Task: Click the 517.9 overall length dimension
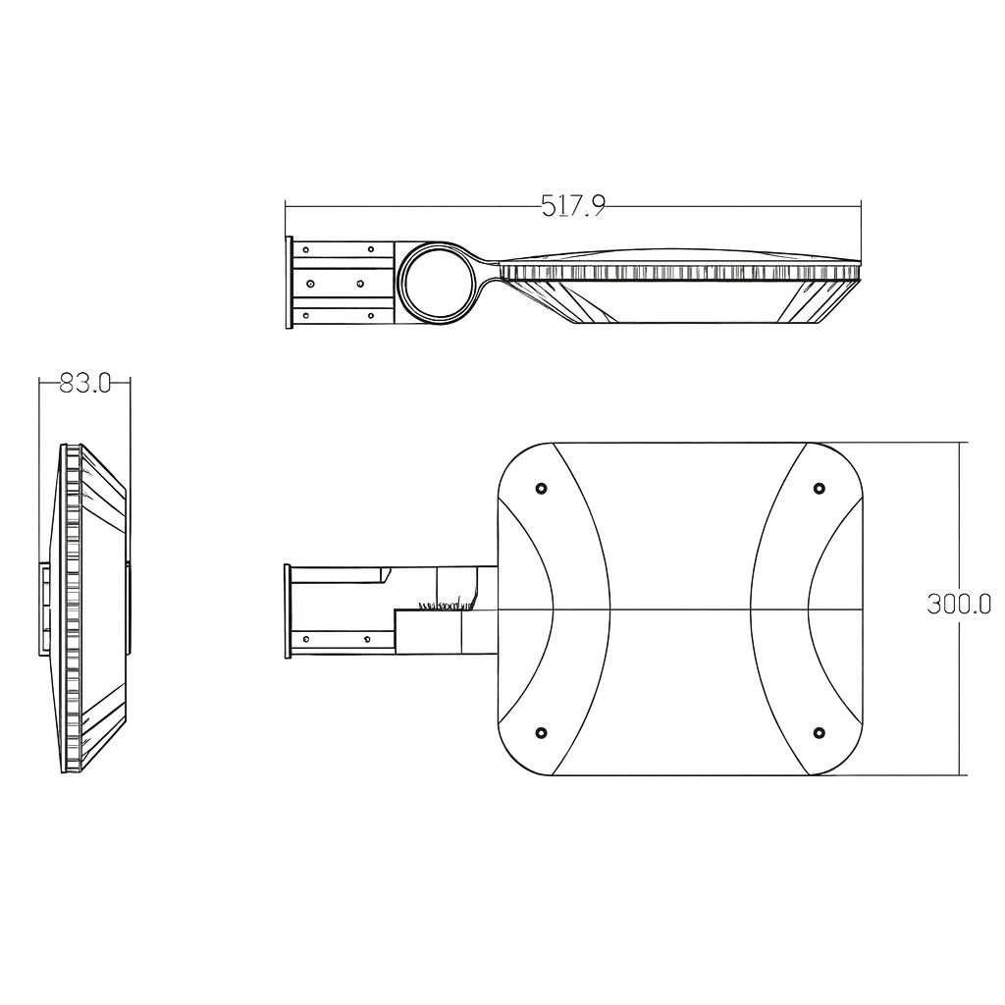click(573, 205)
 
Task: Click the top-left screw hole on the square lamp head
click(541, 488)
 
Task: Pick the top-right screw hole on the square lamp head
click(820, 488)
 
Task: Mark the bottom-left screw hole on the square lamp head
click(541, 732)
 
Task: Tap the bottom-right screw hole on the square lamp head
click(820, 732)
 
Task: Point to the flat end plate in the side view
click(289, 282)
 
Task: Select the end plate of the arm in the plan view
click(288, 610)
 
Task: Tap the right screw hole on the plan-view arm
click(366, 639)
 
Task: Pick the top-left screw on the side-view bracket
click(307, 249)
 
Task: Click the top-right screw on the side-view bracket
click(371, 249)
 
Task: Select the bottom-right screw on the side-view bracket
click(371, 315)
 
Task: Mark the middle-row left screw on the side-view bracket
click(309, 283)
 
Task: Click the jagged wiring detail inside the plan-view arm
click(447, 606)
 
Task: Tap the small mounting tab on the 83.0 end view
click(44, 608)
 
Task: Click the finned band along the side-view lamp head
click(677, 272)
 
